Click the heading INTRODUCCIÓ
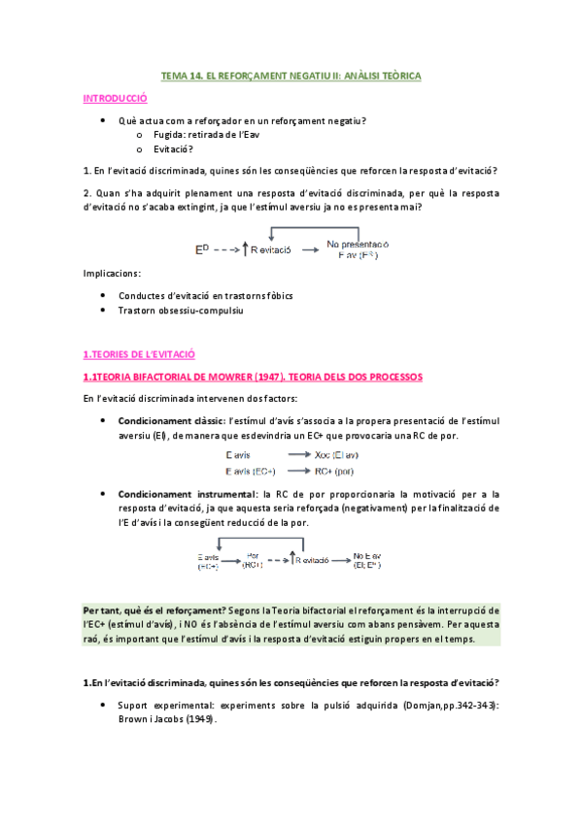(x=115, y=98)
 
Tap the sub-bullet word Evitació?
(x=174, y=148)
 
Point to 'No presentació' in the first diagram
(x=358, y=244)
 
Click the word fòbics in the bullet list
(x=274, y=295)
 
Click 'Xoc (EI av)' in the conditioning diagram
(x=338, y=455)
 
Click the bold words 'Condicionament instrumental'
(x=175, y=495)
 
